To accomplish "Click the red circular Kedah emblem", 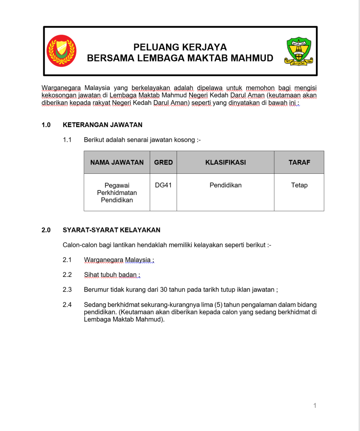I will pyautogui.click(x=61, y=51).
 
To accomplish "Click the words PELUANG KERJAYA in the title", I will pyautogui.click(x=180, y=47).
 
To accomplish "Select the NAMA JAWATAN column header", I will pyautogui.click(x=117, y=162).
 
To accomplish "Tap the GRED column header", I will pyautogui.click(x=163, y=162).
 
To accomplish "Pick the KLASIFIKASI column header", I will pyautogui.click(x=225, y=162).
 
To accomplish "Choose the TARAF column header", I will pyautogui.click(x=299, y=162).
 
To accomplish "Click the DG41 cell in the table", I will pyautogui.click(x=163, y=185).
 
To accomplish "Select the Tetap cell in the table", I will pyautogui.click(x=299, y=185).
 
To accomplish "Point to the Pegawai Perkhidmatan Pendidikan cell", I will pyautogui.click(x=117, y=192).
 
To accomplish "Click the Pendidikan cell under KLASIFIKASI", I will pyautogui.click(x=225, y=185).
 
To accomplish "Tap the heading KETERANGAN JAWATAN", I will pyautogui.click(x=103, y=125).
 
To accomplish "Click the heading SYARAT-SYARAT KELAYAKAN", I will pyautogui.click(x=111, y=230).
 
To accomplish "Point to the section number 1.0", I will pyautogui.click(x=46, y=125).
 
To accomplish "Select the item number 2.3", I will pyautogui.click(x=67, y=290).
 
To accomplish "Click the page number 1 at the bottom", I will pyautogui.click(x=315, y=406).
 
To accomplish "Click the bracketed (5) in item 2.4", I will pyautogui.click(x=218, y=305).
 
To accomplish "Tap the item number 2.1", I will pyautogui.click(x=67, y=260).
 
